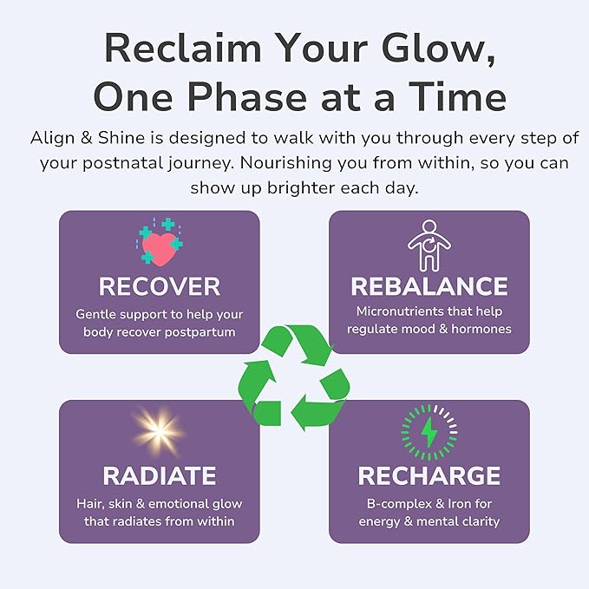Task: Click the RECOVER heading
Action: click(x=160, y=286)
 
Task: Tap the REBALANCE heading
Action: click(x=429, y=286)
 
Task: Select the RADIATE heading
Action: click(x=160, y=475)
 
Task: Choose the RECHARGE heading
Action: click(x=429, y=475)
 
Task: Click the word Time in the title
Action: click(x=457, y=97)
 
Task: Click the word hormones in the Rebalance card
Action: click(x=482, y=330)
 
